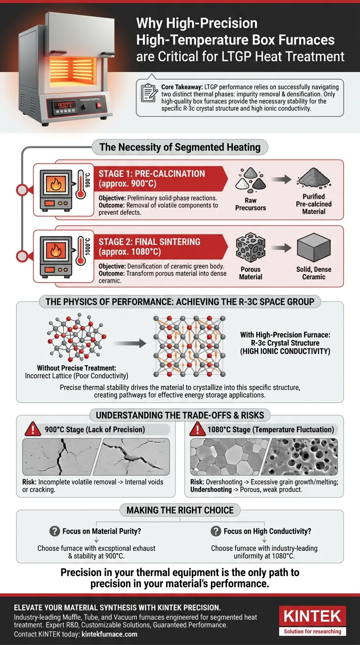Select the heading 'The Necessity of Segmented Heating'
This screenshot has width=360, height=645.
click(180, 147)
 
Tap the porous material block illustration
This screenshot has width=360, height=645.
click(250, 248)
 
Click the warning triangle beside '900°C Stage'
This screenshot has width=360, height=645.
click(33, 429)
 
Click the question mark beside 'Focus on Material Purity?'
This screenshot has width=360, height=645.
click(54, 531)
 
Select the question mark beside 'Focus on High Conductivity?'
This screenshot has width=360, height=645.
click(216, 531)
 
